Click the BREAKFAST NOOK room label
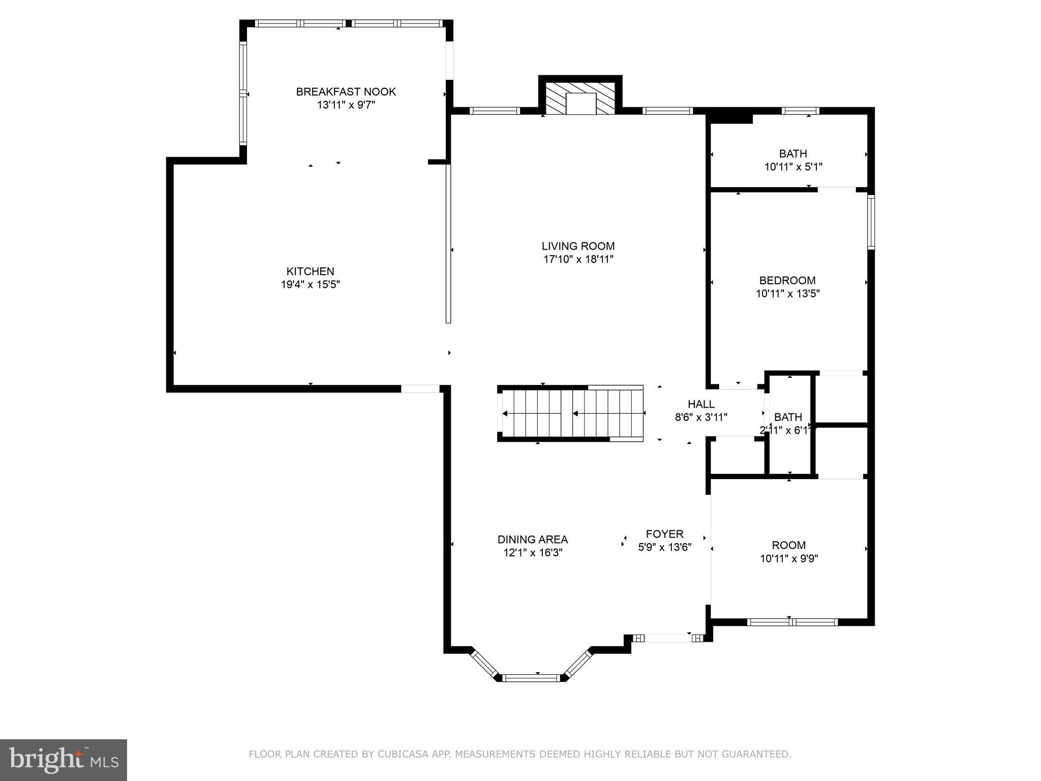click(x=346, y=92)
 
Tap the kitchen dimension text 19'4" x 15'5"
click(x=310, y=284)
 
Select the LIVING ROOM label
click(x=578, y=246)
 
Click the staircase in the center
click(x=570, y=413)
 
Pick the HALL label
click(x=701, y=404)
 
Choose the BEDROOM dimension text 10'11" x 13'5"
click(x=787, y=293)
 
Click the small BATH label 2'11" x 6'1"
click(x=788, y=417)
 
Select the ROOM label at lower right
click(x=788, y=545)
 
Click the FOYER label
click(x=664, y=534)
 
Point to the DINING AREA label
click(x=532, y=539)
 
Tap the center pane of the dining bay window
click(x=531, y=677)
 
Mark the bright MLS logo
click(x=64, y=760)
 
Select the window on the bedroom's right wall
click(x=871, y=222)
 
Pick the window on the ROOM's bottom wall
click(x=792, y=621)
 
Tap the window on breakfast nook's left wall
click(x=243, y=94)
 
